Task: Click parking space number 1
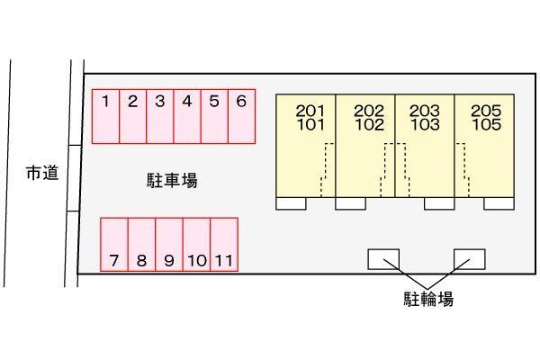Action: (105, 116)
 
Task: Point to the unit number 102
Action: (369, 125)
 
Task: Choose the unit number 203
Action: (424, 112)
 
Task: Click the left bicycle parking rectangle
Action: (383, 258)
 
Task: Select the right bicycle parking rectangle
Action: (470, 258)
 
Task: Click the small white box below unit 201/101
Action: (291, 204)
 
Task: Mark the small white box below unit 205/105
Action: (498, 204)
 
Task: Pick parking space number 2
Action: (132, 116)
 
